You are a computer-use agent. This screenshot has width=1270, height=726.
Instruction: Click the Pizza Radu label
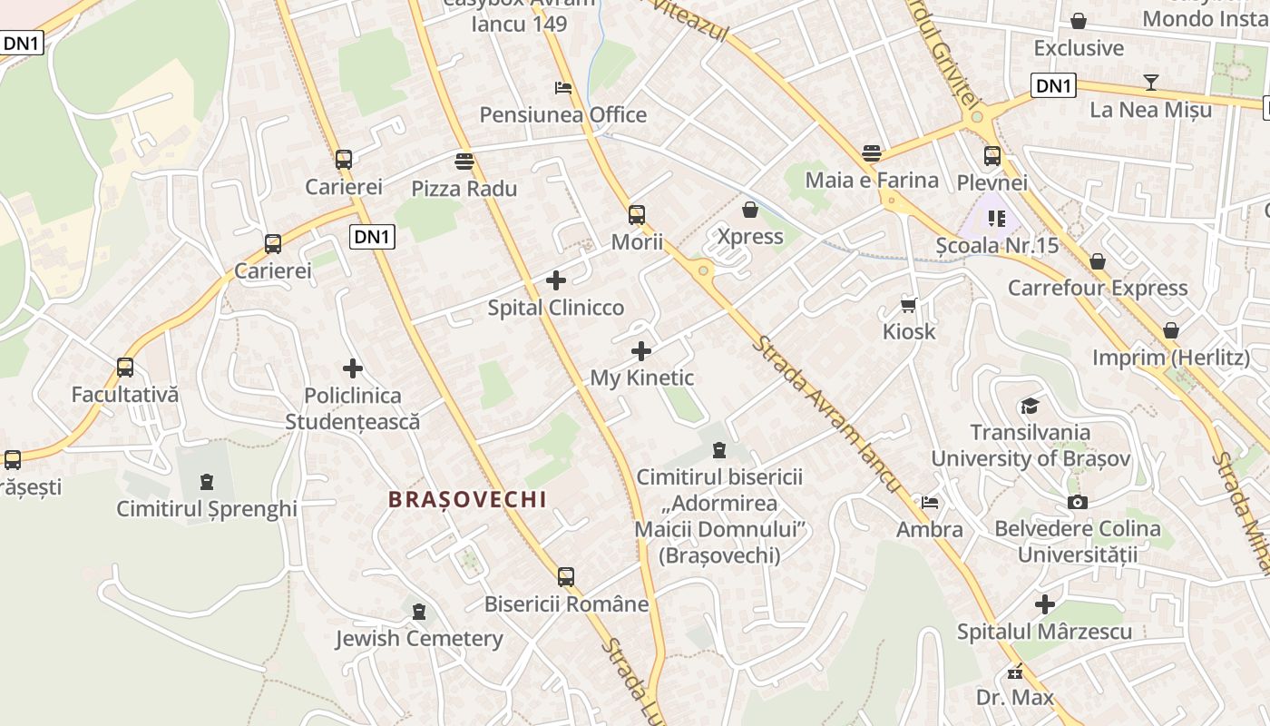(464, 189)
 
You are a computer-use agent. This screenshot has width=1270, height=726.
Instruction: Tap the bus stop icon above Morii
(637, 215)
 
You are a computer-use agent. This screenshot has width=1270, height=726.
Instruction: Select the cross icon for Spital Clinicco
(556, 280)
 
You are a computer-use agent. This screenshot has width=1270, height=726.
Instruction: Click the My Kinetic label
(641, 378)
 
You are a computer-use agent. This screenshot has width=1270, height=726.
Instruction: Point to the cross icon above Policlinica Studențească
(353, 368)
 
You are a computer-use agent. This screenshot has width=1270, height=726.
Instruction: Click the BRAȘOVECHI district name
(467, 499)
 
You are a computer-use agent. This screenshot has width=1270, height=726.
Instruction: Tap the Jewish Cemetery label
(418, 638)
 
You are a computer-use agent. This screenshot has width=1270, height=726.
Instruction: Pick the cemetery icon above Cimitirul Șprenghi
(207, 481)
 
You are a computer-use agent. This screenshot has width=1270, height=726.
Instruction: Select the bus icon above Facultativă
(125, 368)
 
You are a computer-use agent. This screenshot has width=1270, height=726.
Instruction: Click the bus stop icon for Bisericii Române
(566, 576)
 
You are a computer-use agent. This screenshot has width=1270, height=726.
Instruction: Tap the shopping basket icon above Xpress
(750, 210)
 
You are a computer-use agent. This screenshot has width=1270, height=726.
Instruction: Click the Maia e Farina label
(871, 180)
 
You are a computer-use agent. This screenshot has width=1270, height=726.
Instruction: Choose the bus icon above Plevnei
(992, 155)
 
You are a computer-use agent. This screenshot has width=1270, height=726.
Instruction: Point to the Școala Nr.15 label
(997, 245)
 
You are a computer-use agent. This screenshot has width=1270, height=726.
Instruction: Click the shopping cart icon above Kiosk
(908, 305)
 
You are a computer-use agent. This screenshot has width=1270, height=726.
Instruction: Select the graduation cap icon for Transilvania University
(1030, 406)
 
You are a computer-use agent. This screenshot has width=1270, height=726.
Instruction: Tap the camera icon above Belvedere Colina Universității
(1077, 502)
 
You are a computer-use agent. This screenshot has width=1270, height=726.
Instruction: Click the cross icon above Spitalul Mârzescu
(1045, 604)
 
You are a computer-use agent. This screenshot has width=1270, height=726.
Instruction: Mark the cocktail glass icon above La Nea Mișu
(1151, 83)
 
